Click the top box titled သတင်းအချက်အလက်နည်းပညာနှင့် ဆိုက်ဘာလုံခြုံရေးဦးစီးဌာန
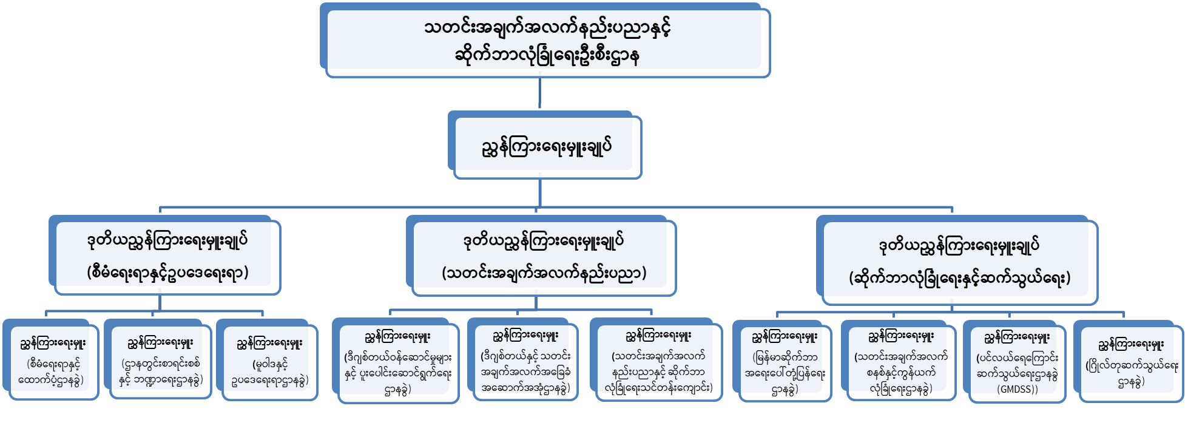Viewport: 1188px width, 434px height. (544, 41)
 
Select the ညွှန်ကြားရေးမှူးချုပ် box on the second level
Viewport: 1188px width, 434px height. (544, 146)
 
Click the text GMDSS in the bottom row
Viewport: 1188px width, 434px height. (1016, 389)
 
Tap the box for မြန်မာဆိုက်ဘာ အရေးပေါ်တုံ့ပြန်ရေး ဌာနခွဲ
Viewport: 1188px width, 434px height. (784, 362)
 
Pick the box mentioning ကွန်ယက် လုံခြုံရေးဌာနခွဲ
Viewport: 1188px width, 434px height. (900, 362)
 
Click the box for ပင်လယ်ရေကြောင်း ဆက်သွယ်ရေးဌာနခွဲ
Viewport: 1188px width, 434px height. (1016, 362)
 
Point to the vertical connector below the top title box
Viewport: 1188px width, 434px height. (539, 94)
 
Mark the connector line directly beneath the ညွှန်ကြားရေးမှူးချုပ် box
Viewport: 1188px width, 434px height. (539, 193)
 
